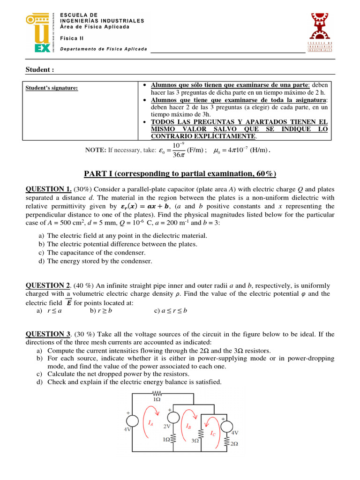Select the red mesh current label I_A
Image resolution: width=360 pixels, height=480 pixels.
click(150, 423)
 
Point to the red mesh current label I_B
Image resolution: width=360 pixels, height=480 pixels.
click(188, 426)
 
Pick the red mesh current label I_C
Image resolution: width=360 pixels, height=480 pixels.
click(213, 434)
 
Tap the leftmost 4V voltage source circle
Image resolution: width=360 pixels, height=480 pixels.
click(134, 421)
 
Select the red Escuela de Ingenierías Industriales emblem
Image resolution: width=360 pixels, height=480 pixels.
click(320, 32)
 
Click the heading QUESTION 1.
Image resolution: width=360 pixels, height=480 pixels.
click(48, 189)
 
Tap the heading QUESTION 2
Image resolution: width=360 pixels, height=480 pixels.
click(48, 285)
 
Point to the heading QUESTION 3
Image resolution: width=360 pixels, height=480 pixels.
click(48, 334)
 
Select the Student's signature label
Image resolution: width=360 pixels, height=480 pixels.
click(51, 88)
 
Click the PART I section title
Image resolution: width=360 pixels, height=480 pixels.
click(180, 174)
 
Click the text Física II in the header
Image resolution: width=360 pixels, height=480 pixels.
click(69, 39)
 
